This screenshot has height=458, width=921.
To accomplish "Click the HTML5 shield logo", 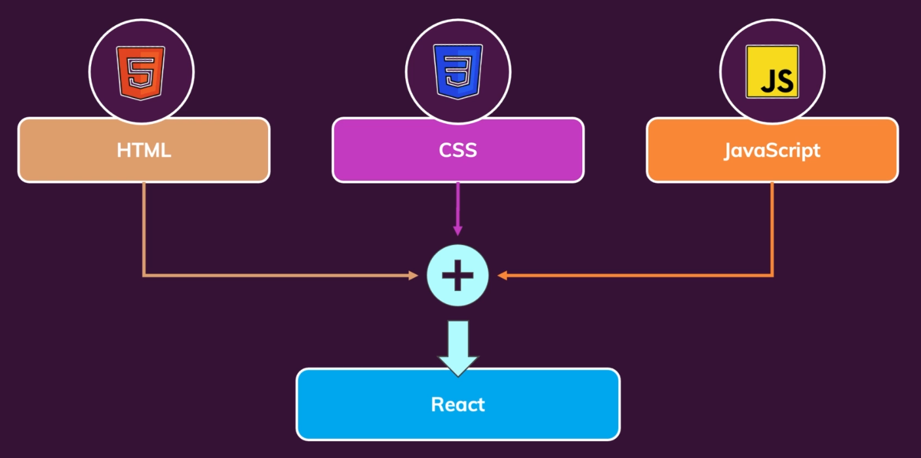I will tap(141, 72).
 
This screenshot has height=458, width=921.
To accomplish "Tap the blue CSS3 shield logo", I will tap(458, 72).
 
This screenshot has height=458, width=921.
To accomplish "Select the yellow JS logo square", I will tap(772, 72).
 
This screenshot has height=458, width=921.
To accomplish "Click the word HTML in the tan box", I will tap(144, 150).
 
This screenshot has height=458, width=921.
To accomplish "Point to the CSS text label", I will tap(458, 150).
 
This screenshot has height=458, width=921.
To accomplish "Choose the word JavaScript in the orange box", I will tap(772, 150).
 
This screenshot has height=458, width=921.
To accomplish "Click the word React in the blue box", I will tap(458, 404).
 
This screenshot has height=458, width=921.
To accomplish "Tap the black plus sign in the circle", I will tap(458, 276).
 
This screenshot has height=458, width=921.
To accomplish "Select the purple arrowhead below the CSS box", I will tap(458, 231).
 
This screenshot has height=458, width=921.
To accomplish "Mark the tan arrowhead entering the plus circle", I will tap(413, 276).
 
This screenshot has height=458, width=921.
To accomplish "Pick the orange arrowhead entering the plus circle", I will tap(503, 276).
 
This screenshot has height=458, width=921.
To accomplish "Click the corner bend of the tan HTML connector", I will tap(144, 275).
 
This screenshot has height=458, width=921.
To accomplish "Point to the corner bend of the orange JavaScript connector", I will tap(772, 275).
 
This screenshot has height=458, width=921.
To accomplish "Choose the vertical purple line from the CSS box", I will tap(458, 203).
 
